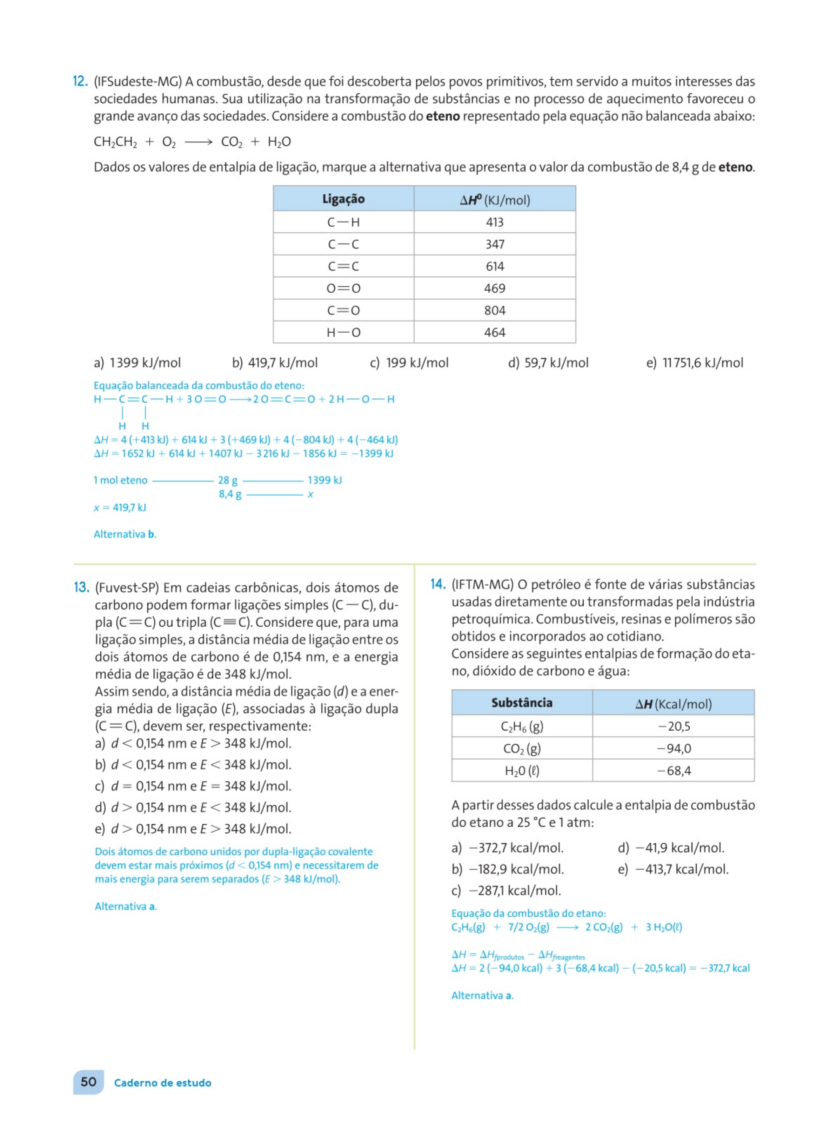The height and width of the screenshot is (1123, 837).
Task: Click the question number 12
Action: (81, 81)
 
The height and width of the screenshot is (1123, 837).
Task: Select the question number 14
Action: (438, 584)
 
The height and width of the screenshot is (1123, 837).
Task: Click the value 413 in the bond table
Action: (495, 222)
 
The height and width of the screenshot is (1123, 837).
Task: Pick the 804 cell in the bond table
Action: (495, 310)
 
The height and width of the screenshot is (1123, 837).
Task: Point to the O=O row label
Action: (343, 288)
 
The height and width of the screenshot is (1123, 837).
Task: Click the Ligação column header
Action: (343, 199)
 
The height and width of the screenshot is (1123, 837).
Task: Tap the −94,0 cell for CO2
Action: (673, 749)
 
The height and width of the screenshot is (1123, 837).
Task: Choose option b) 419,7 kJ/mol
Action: (275, 363)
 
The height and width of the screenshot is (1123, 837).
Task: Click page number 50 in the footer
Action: (89, 1082)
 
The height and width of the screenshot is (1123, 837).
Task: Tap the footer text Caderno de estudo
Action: (163, 1083)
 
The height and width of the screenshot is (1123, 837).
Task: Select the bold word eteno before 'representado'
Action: (442, 117)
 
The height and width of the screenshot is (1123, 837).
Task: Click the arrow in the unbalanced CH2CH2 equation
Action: (198, 142)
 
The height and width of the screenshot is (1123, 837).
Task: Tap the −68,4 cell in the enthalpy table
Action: (673, 771)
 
